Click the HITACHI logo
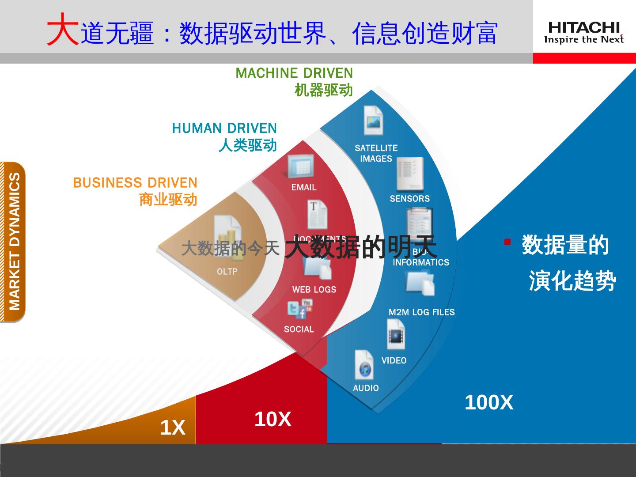pyautogui.click(x=584, y=33)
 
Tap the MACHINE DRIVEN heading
pyautogui.click(x=294, y=73)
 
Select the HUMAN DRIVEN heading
pyautogui.click(x=224, y=128)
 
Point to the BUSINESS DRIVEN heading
pyautogui.click(x=135, y=182)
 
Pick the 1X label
pyautogui.click(x=173, y=428)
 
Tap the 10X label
pyautogui.click(x=273, y=419)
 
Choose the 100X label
pyautogui.click(x=489, y=402)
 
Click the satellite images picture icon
pyautogui.click(x=373, y=120)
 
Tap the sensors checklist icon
pyautogui.click(x=409, y=174)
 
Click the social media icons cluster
pyautogui.click(x=300, y=309)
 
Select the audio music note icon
pyautogui.click(x=364, y=365)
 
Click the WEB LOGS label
pyautogui.click(x=314, y=290)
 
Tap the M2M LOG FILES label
pyautogui.click(x=421, y=312)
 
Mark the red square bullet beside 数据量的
pyautogui.click(x=507, y=242)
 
